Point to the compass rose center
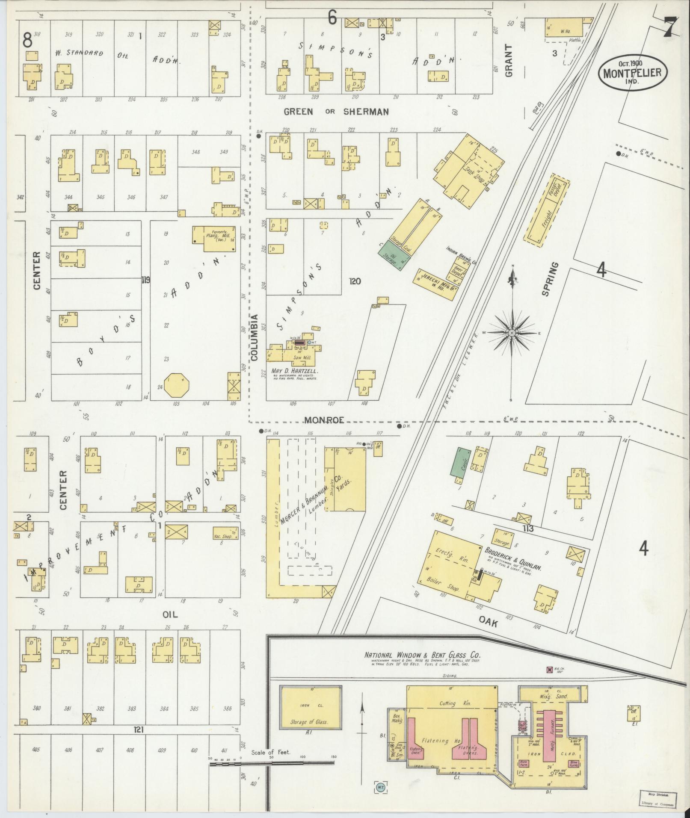point(512,333)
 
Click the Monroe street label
point(324,420)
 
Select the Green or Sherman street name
point(337,112)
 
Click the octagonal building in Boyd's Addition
point(176,385)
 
